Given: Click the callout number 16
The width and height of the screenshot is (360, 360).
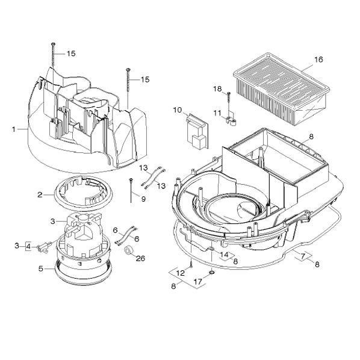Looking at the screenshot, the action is click(318, 60).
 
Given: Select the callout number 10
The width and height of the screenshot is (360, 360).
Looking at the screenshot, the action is click(177, 110).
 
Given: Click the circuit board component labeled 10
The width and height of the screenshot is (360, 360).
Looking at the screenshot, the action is click(197, 131).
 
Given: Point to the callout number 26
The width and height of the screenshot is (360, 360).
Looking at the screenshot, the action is click(140, 258).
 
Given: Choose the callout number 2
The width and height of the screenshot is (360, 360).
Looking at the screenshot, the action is click(40, 195).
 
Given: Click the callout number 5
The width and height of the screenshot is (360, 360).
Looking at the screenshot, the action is click(41, 268).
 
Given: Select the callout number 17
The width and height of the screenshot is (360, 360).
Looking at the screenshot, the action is click(198, 282).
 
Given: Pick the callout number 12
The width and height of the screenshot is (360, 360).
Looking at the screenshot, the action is click(181, 273).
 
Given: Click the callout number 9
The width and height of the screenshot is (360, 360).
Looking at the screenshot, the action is click(143, 199).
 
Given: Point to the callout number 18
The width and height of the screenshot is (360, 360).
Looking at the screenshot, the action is click(217, 89).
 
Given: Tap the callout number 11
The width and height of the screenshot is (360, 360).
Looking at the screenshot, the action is click(217, 113).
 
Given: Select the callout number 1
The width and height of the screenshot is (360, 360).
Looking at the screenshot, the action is click(14, 129).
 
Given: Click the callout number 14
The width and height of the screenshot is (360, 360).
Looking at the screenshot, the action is click(225, 255).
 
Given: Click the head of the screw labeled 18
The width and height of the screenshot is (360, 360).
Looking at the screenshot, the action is click(228, 93).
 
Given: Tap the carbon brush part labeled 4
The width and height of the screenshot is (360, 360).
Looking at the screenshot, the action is click(43, 249).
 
